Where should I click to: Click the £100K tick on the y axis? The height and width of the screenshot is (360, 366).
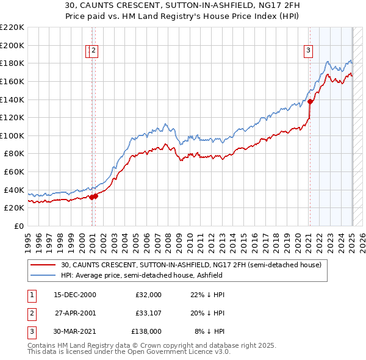[x=13, y=135]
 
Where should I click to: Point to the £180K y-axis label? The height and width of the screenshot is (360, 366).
[x=13, y=63]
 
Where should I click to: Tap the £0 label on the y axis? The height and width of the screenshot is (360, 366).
[x=19, y=226]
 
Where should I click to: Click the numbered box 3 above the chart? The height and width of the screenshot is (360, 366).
[x=309, y=51]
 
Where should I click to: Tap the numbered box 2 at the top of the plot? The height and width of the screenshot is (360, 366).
[x=94, y=51]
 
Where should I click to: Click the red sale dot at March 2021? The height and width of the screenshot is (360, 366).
[x=310, y=101]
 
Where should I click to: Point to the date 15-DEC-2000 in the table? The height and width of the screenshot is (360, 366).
[x=74, y=295]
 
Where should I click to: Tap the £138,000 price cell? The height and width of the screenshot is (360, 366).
[x=146, y=331]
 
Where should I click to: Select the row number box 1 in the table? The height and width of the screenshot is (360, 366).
[x=30, y=295]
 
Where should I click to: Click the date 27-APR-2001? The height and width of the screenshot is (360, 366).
[x=75, y=313]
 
